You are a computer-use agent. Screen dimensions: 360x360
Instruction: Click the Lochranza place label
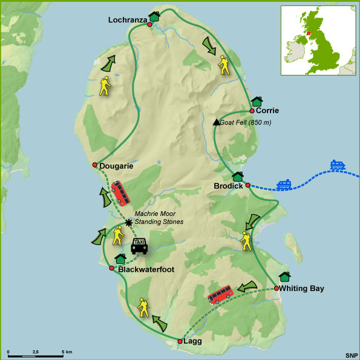click(x=128, y=20)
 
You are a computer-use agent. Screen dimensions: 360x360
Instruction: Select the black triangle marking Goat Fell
click(x=216, y=122)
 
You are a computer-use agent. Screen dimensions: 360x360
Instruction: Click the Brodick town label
click(x=229, y=186)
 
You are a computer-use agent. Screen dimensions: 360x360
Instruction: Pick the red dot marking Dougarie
click(x=94, y=165)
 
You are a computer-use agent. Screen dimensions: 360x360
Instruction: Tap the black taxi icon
click(x=139, y=245)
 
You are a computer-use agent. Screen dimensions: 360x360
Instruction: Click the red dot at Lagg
click(x=180, y=342)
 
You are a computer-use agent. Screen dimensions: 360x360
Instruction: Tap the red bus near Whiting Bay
click(x=221, y=295)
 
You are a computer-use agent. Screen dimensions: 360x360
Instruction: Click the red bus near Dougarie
click(x=119, y=194)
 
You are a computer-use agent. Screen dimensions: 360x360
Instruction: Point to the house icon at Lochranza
click(x=154, y=16)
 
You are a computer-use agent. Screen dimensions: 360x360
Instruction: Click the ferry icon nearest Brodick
click(x=284, y=185)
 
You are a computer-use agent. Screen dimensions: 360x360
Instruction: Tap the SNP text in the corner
click(x=351, y=354)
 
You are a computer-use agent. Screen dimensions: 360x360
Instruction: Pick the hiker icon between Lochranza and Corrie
click(x=224, y=65)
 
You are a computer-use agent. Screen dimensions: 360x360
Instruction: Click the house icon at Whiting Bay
click(x=284, y=277)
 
